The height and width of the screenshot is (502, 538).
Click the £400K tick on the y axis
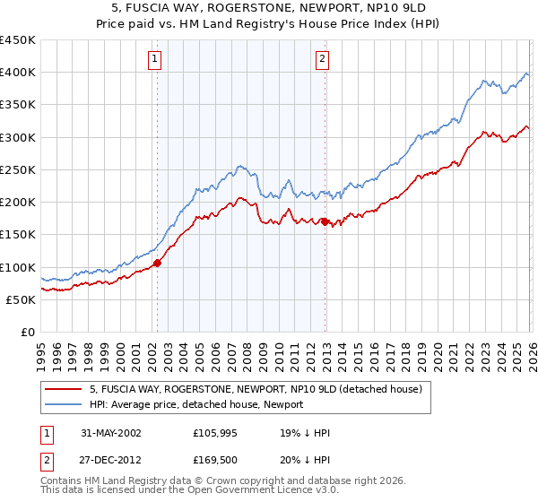coord(17,73)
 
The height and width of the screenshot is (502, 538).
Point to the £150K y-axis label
coord(17,235)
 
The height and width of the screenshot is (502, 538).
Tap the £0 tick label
coord(27,333)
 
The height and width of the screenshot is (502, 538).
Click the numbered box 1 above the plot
coord(155,60)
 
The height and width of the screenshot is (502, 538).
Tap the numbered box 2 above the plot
coord(322,60)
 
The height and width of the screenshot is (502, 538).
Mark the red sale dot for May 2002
coord(157,263)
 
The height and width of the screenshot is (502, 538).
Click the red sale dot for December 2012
coord(325,221)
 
